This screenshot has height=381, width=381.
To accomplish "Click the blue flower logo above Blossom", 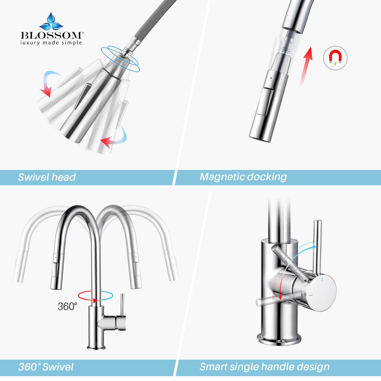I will pos(51,22).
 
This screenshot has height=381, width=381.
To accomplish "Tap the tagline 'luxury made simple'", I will pos(51,42).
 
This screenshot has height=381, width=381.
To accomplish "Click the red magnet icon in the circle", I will pos(335,58).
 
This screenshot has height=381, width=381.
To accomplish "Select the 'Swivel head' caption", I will pos(47,177).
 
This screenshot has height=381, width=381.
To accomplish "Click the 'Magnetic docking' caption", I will pos(243,177).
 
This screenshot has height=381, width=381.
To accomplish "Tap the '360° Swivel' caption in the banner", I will pos(46,367).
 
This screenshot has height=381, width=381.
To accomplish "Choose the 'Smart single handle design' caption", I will pos(264,367).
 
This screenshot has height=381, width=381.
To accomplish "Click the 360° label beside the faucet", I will pos(67,306).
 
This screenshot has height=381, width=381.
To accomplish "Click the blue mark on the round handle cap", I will pos(322,280).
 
